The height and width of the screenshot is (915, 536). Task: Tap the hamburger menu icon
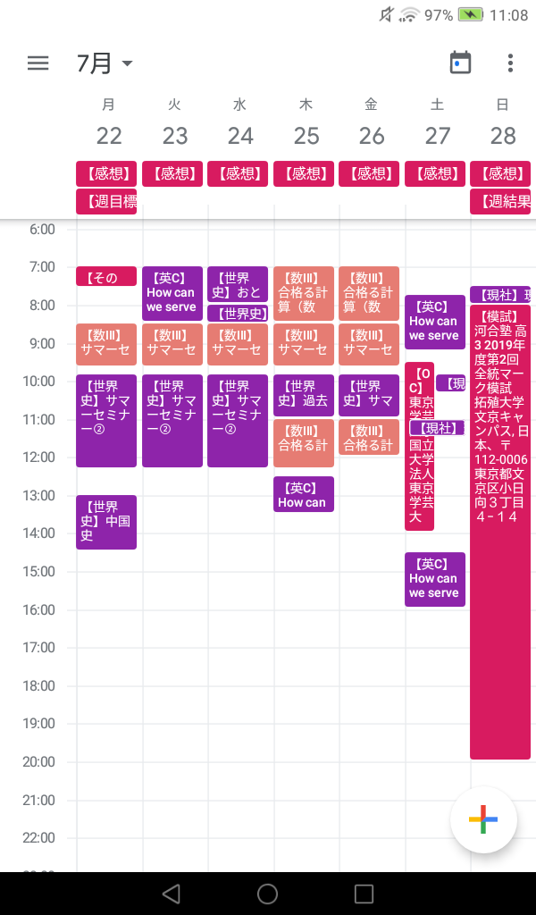(38, 63)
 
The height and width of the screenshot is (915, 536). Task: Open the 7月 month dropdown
(105, 63)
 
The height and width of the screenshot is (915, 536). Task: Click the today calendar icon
(460, 63)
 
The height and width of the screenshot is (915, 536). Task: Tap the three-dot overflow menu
(510, 63)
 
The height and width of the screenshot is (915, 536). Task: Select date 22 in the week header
(109, 136)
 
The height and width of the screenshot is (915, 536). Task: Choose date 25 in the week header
(306, 136)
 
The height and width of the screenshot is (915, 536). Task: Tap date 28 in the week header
(503, 136)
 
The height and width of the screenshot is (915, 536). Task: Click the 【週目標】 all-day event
(106, 202)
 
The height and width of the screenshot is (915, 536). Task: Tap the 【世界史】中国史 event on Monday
(106, 522)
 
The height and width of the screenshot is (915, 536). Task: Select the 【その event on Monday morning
(106, 277)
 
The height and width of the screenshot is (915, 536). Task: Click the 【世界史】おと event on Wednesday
(237, 283)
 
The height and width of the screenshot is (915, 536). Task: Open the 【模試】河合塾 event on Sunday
(500, 532)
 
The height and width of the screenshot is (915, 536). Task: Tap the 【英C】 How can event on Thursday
(304, 494)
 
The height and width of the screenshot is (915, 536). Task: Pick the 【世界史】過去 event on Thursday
(304, 394)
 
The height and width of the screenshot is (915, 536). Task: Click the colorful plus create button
(483, 820)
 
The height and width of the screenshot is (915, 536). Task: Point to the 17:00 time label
(37, 648)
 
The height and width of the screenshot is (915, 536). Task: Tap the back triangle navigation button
(172, 894)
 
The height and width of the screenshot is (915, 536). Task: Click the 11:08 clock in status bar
(509, 15)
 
